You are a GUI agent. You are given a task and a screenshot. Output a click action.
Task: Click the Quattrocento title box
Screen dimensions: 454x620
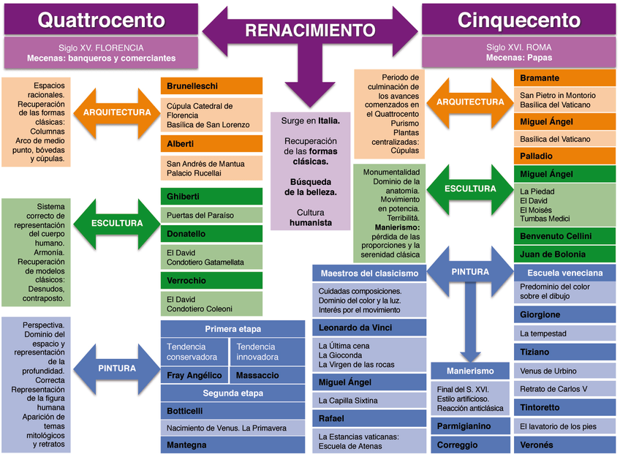[x=100, y=19]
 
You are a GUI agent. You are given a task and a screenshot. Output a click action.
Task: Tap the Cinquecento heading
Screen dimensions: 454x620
[x=520, y=19]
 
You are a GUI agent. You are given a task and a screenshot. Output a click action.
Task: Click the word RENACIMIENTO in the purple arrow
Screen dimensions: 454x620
[x=310, y=30]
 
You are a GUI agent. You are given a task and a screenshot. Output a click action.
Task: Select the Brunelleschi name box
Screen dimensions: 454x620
[x=211, y=86]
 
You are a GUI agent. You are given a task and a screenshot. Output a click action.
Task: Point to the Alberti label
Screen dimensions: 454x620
[x=211, y=144]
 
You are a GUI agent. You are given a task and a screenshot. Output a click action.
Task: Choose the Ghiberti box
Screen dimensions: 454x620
[x=211, y=197]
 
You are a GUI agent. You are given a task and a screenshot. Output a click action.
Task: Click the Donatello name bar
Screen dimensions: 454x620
[x=211, y=234]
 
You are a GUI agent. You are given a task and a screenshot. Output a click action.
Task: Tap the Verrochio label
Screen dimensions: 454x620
[x=211, y=281]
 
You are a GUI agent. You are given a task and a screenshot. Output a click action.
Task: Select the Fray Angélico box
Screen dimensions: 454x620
[x=194, y=375]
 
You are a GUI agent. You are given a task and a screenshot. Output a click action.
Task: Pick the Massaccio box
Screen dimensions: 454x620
[x=267, y=375]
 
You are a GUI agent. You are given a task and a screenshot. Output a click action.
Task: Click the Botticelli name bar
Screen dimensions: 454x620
[x=232, y=410]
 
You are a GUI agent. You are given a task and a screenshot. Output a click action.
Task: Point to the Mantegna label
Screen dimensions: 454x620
[x=232, y=444]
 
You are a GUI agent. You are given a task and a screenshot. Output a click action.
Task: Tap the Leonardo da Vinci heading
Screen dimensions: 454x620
[x=369, y=328]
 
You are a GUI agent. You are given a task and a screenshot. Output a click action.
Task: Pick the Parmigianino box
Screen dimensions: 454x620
[x=469, y=425]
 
